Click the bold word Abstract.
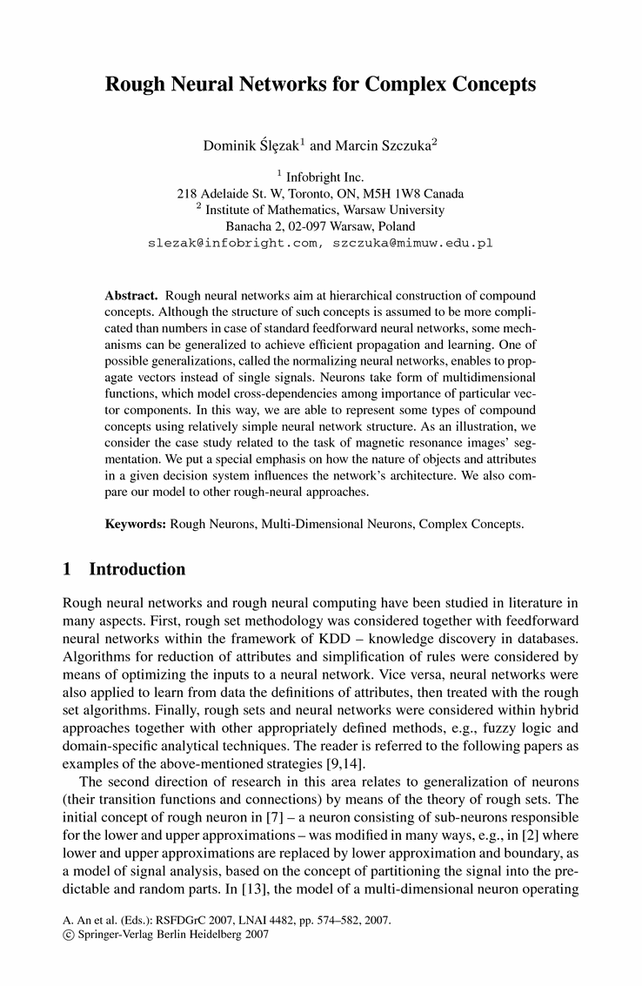[x=130, y=296]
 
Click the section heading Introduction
[x=137, y=570]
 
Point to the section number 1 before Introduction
[x=67, y=570]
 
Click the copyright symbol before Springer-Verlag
[x=68, y=935]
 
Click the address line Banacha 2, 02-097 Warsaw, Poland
[x=320, y=226]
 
